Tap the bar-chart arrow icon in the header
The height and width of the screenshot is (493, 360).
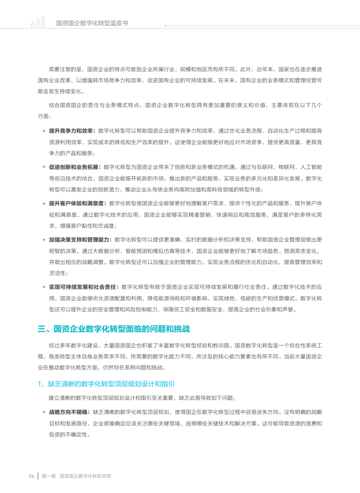38,23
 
